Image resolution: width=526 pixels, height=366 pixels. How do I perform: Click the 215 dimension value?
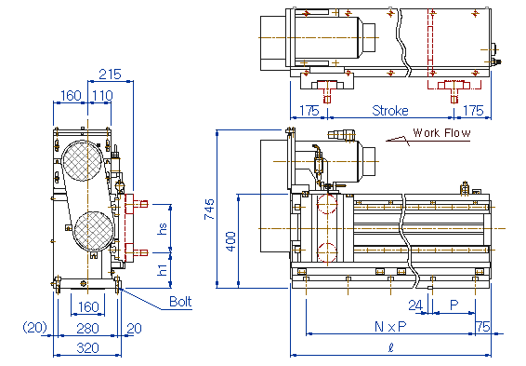coord(110,75)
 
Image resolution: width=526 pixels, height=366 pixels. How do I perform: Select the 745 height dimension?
coord(209,209)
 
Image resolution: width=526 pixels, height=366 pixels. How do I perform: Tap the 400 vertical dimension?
coord(230,241)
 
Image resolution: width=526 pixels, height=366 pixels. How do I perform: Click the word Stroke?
coord(390,111)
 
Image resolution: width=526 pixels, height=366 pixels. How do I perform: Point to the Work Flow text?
coord(441,133)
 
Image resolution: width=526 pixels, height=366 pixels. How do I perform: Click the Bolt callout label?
coord(180,302)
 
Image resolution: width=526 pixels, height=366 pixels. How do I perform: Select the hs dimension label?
coord(162,228)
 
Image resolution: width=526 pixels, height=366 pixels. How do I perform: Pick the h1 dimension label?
coord(162,270)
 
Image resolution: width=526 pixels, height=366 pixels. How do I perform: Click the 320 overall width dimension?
coord(88,348)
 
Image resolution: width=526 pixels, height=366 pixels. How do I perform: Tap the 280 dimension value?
coord(88,329)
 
